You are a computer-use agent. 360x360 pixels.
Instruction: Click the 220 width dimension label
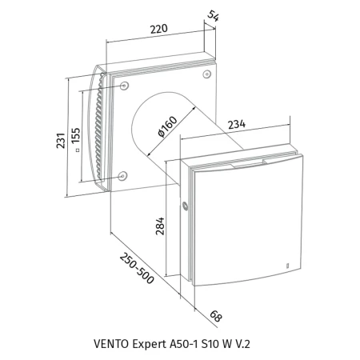click(x=159, y=29)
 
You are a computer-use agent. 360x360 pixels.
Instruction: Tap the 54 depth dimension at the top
click(x=213, y=16)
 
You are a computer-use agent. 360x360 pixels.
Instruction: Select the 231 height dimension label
click(x=61, y=140)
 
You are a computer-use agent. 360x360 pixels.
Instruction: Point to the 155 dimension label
click(x=76, y=135)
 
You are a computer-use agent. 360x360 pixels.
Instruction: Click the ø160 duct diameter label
click(x=167, y=126)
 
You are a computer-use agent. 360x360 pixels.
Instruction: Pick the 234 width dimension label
click(x=237, y=124)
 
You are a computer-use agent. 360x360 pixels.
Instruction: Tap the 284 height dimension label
click(x=160, y=226)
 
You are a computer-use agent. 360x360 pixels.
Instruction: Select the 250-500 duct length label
click(x=137, y=268)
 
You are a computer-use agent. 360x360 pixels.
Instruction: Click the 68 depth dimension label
click(x=216, y=316)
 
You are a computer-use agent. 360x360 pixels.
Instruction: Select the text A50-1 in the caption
click(x=184, y=344)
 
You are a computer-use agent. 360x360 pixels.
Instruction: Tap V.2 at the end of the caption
click(x=242, y=344)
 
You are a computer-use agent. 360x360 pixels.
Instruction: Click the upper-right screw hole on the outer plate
click(x=207, y=74)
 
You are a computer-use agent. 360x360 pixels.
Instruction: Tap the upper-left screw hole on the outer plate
click(x=124, y=86)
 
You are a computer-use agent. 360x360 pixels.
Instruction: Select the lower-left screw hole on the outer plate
click(x=122, y=176)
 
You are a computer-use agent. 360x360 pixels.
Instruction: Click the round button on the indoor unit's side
click(x=185, y=206)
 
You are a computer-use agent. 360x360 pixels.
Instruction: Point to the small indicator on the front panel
click(x=288, y=266)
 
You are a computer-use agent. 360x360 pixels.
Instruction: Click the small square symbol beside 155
click(x=78, y=150)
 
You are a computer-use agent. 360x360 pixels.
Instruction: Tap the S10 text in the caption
click(x=208, y=344)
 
